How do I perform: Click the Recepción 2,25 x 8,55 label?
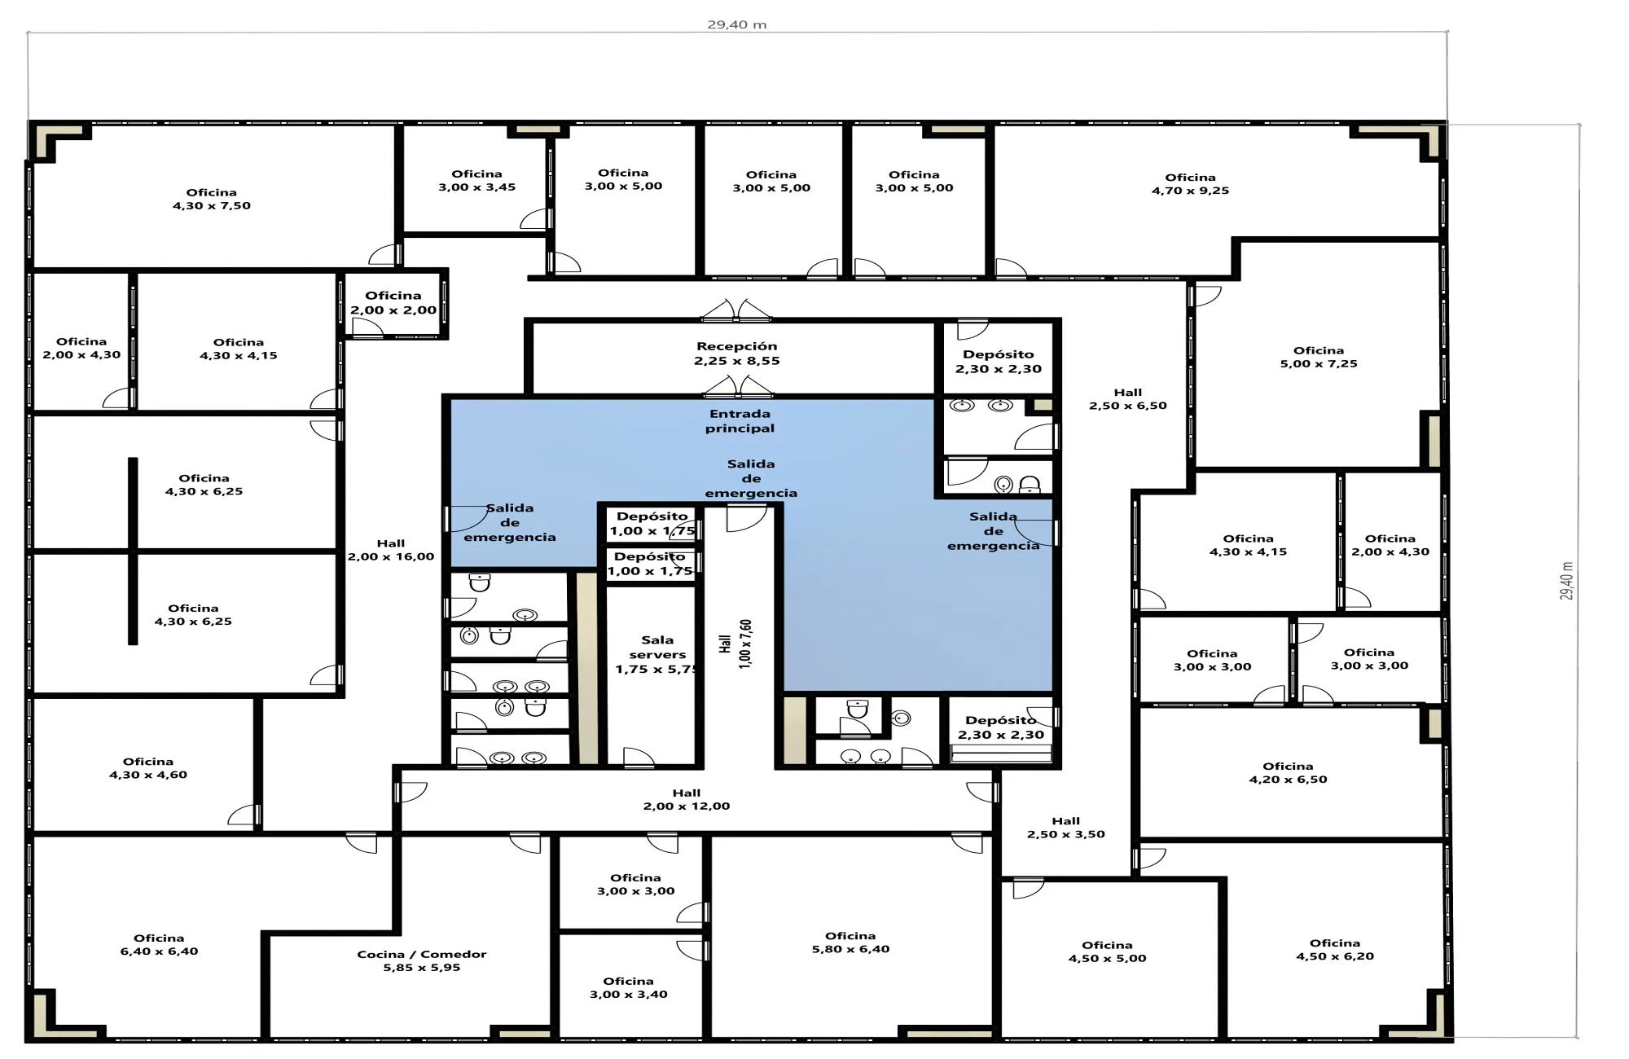[737, 354]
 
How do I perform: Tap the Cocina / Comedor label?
[422, 960]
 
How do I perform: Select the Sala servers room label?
[657, 654]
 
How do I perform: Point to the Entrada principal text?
[740, 420]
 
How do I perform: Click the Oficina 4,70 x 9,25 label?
[1190, 184]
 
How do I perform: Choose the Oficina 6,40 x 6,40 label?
[159, 945]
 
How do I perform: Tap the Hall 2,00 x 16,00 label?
[391, 550]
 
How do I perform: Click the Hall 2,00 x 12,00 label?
[687, 799]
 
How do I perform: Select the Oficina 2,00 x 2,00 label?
[393, 302]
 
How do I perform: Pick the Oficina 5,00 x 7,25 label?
[1319, 357]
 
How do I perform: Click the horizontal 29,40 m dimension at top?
[737, 24]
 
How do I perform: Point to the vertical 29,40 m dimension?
[1567, 581]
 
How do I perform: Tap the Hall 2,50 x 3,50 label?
[1065, 828]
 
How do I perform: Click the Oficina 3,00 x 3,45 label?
[476, 180]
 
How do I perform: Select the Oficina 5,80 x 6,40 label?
[850, 943]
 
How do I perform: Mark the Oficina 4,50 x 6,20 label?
[1335, 950]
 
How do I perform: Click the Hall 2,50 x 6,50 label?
[1128, 398]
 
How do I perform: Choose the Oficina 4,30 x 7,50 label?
[212, 199]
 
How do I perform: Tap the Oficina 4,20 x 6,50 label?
[1288, 772]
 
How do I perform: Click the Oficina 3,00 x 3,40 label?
[628, 987]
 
